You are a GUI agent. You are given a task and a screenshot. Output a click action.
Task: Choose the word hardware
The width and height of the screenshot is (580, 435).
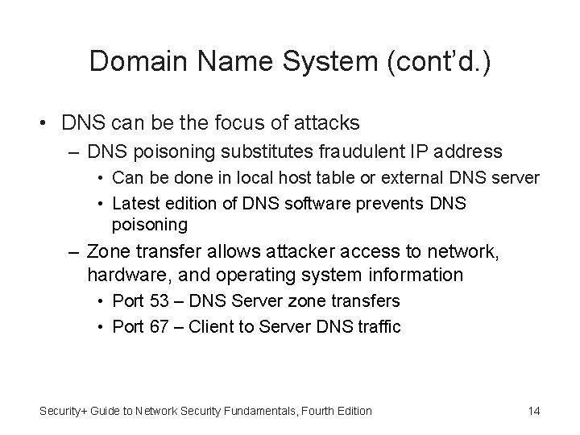(123, 275)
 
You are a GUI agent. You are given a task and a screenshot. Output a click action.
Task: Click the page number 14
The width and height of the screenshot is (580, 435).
(533, 411)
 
